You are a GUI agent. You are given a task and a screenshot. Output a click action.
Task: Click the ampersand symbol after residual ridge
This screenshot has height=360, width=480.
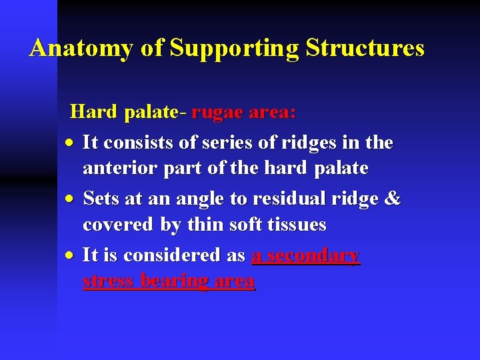click(393, 199)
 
